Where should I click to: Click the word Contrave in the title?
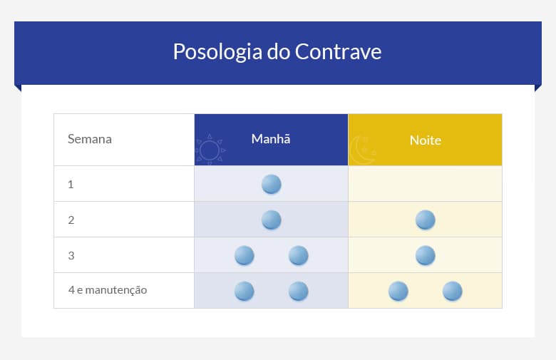[338, 52]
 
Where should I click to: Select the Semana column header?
[90, 139]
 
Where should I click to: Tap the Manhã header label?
[271, 139]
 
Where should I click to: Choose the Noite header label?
[425, 140]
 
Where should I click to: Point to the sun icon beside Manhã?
[210, 150]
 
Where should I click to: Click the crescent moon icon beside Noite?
[363, 150]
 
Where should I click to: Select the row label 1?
[71, 184]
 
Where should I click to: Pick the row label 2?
[71, 220]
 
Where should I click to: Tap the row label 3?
[71, 255]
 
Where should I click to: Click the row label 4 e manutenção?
[107, 290]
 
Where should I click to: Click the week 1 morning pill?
[272, 184]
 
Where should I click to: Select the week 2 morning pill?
[272, 220]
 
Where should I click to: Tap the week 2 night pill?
[426, 220]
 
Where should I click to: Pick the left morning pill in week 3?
[244, 255]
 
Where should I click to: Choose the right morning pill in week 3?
[299, 255]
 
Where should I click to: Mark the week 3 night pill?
[426, 255]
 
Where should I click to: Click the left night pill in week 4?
[398, 291]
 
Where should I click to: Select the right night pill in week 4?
[453, 291]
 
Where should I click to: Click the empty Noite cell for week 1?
[425, 184]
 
